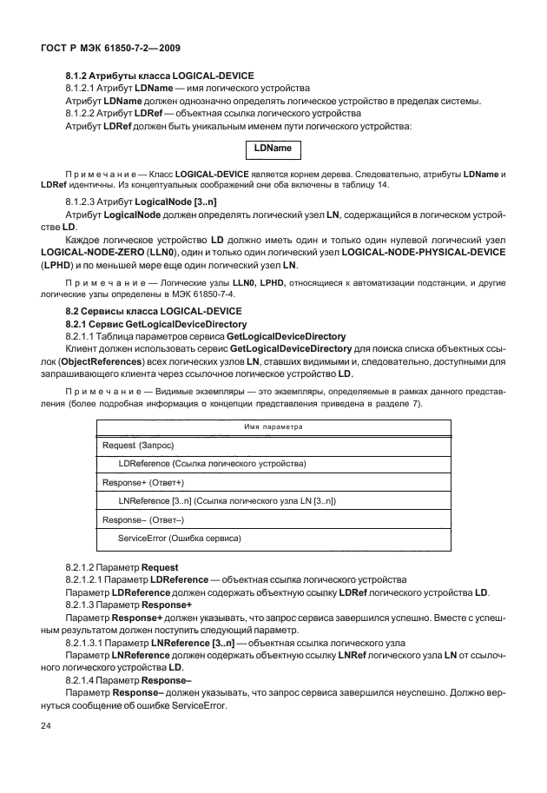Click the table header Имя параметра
coord(274,427)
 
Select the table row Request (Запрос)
coord(138,445)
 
